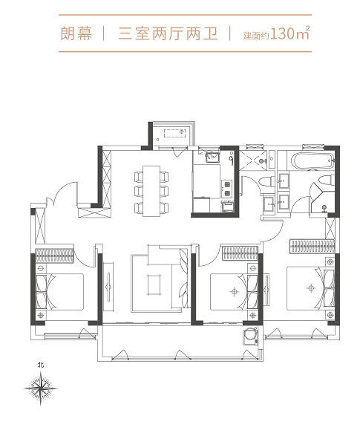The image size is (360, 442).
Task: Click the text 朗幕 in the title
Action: pyautogui.click(x=76, y=33)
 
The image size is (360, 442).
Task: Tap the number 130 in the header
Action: pyautogui.click(x=282, y=33)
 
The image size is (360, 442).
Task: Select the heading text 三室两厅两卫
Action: pyautogui.click(x=168, y=33)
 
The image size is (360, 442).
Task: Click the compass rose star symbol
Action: pyautogui.click(x=41, y=389)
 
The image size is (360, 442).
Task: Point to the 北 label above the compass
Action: pyautogui.click(x=41, y=365)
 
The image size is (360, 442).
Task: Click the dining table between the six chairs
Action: pyautogui.click(x=151, y=191)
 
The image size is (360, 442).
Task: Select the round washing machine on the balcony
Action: pyautogui.click(x=250, y=336)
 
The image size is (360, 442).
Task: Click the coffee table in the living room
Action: pyautogui.click(x=154, y=285)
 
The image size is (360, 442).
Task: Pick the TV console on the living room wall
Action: pyautogui.click(x=108, y=287)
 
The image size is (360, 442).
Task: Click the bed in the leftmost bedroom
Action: pyautogui.click(x=59, y=292)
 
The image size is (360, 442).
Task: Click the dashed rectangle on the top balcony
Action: pyautogui.click(x=174, y=133)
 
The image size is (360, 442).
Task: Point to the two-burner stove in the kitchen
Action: pyautogui.click(x=226, y=189)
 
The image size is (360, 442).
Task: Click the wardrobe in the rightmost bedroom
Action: pyautogui.click(x=312, y=246)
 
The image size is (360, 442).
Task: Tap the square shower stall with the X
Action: pyautogui.click(x=253, y=160)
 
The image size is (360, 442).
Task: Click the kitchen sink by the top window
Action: pyautogui.click(x=213, y=157)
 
